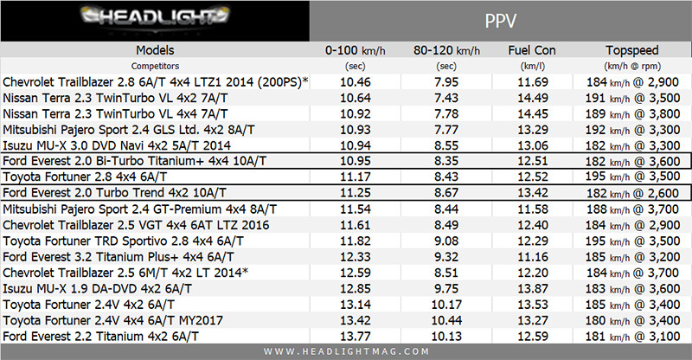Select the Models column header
coord(155,49)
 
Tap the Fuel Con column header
coord(531,49)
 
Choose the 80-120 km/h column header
coord(447,49)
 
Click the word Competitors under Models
coord(155,65)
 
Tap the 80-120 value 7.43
coord(447,98)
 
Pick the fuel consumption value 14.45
coord(531,113)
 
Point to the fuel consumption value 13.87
coord(531,288)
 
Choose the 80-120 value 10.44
coord(447,320)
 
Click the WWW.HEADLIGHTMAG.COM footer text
coord(345,351)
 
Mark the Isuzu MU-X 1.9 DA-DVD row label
coord(98,288)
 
